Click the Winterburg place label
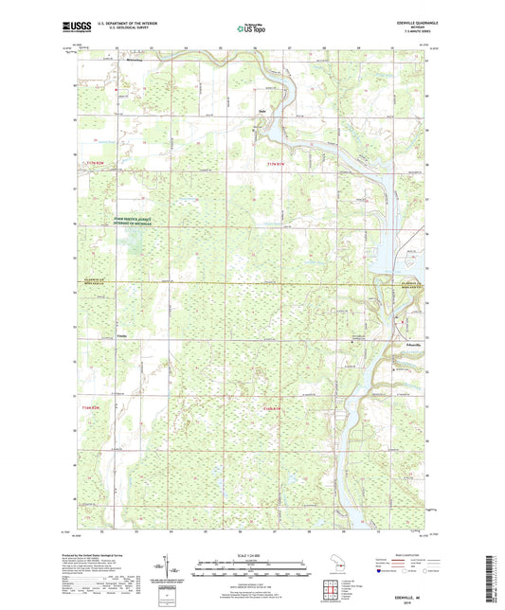coord(139,60)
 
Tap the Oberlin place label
coord(120,335)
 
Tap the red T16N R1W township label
coord(272,407)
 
